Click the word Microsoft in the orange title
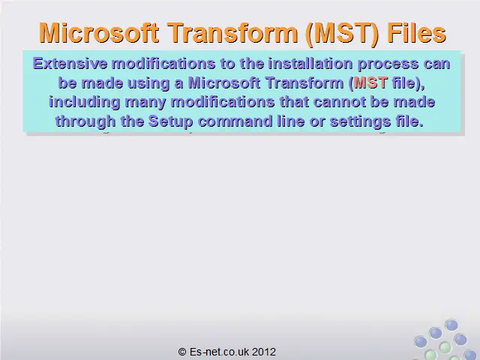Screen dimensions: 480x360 [x=99, y=32]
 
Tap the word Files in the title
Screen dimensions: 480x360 [x=416, y=32]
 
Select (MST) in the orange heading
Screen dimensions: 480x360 [x=342, y=34]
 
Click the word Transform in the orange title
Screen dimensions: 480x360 [x=232, y=32]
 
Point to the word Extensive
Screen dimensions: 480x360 [x=70, y=64]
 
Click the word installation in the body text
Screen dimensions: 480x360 [x=310, y=64]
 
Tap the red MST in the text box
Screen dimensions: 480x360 [x=370, y=82]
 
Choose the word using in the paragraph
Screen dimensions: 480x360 [x=148, y=84]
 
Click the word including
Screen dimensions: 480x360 [x=85, y=103]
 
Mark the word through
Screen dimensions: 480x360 [x=85, y=121]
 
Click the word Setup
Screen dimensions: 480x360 [x=170, y=121]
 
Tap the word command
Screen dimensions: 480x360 [x=235, y=121]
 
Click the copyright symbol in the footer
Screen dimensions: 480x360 [x=182, y=352]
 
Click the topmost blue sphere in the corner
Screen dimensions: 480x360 [x=451, y=325]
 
